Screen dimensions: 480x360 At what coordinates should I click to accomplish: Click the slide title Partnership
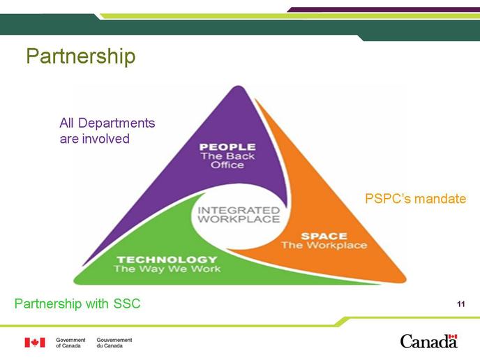coord(81,57)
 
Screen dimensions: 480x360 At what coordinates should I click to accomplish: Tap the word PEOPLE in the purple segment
coord(227,147)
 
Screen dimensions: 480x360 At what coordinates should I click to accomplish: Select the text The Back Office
coord(227,160)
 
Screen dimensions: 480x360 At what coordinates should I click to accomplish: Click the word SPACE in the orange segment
coord(324,236)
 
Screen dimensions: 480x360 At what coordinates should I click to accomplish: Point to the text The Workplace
coord(324,245)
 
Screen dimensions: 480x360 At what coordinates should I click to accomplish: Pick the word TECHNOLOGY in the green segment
coord(167,260)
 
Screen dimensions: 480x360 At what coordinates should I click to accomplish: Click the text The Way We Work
coord(167,269)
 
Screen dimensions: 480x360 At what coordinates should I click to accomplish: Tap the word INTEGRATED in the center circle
coord(239,210)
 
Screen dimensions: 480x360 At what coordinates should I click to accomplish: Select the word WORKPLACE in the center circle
coord(239,219)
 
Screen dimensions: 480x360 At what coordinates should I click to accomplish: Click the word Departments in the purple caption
coord(117,123)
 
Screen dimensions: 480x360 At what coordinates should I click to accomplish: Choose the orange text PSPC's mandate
coord(415,199)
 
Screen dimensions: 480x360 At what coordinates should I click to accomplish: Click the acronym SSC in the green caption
coord(127,303)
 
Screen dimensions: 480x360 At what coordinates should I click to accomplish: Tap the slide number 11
coord(461,304)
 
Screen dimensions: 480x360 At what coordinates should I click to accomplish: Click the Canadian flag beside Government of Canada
coord(35,343)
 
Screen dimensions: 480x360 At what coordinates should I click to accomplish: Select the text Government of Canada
coord(70,343)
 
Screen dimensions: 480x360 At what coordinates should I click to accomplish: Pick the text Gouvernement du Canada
coord(114,343)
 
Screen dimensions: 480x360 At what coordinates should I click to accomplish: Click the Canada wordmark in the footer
coord(428,341)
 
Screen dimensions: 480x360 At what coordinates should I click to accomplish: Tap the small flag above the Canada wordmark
coord(453,336)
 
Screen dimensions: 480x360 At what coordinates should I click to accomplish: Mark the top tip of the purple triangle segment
coord(238,86)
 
